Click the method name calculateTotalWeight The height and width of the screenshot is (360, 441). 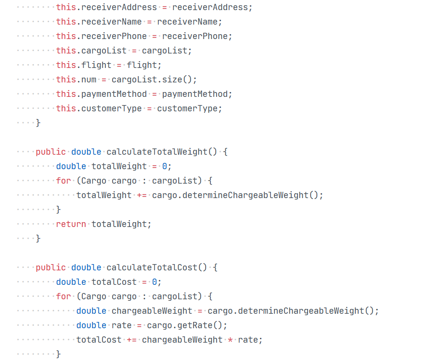157,152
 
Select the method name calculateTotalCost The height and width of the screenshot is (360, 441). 152,267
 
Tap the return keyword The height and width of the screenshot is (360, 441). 71,224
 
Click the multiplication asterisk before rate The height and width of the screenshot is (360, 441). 231,340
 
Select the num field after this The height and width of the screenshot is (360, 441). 89,80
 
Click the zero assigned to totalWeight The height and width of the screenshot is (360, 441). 164,166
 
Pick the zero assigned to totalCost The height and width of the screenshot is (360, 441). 155,282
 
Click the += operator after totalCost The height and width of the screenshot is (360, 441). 131,340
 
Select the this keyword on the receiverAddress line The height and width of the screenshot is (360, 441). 65,7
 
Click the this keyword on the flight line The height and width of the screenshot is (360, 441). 65,65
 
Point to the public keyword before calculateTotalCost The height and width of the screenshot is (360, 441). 51,267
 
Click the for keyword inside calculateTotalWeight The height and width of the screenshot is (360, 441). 63,181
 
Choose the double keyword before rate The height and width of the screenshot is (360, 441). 91,325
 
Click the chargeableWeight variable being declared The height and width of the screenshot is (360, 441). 152,311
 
